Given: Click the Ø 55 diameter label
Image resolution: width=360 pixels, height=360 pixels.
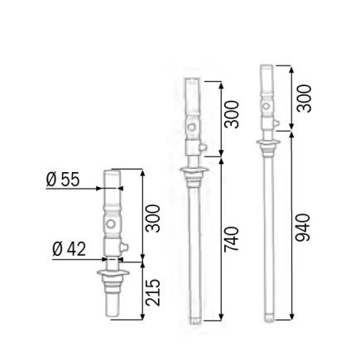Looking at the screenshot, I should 63,179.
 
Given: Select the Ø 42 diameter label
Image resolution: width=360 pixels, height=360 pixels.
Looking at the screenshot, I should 69,248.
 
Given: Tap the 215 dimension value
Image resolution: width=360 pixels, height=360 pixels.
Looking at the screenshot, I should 154,292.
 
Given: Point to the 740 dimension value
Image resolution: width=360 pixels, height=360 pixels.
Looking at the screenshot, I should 233,241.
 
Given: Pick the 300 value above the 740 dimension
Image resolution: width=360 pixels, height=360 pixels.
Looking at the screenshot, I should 233,117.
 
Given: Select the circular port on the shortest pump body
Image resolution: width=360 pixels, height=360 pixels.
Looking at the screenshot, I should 111,224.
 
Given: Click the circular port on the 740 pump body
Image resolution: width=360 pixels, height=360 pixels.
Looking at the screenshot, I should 192,127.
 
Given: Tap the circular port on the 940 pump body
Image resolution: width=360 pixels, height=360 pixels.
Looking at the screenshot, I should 266,106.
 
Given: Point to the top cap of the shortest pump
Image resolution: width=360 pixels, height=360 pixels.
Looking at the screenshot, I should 111,172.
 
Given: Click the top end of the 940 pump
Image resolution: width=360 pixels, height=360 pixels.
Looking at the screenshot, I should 266,67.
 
